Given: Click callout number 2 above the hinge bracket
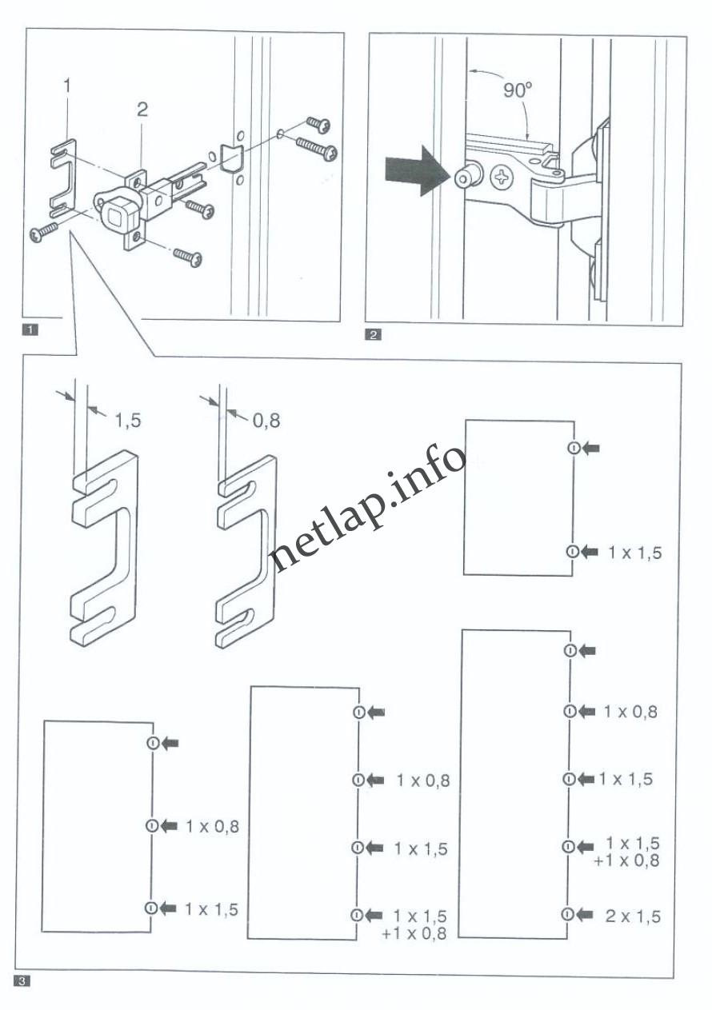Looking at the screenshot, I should pyautogui.click(x=142, y=110).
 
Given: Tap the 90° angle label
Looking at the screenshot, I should pyautogui.click(x=518, y=90).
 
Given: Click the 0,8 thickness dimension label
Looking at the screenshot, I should pyautogui.click(x=266, y=420).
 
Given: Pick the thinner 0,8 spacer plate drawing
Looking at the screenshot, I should pyautogui.click(x=246, y=549).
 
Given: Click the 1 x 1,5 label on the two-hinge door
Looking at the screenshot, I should pyautogui.click(x=634, y=552).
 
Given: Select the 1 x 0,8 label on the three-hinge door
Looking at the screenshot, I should pyautogui.click(x=213, y=826).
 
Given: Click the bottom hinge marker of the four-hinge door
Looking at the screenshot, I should pyautogui.click(x=358, y=916).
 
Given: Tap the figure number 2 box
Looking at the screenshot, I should pyautogui.click(x=372, y=335).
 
